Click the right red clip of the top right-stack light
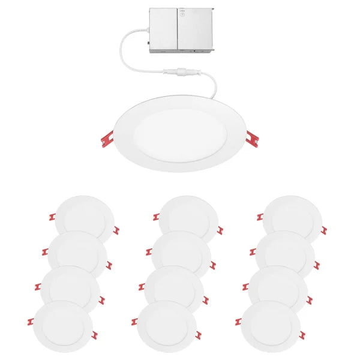tap(324, 230)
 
